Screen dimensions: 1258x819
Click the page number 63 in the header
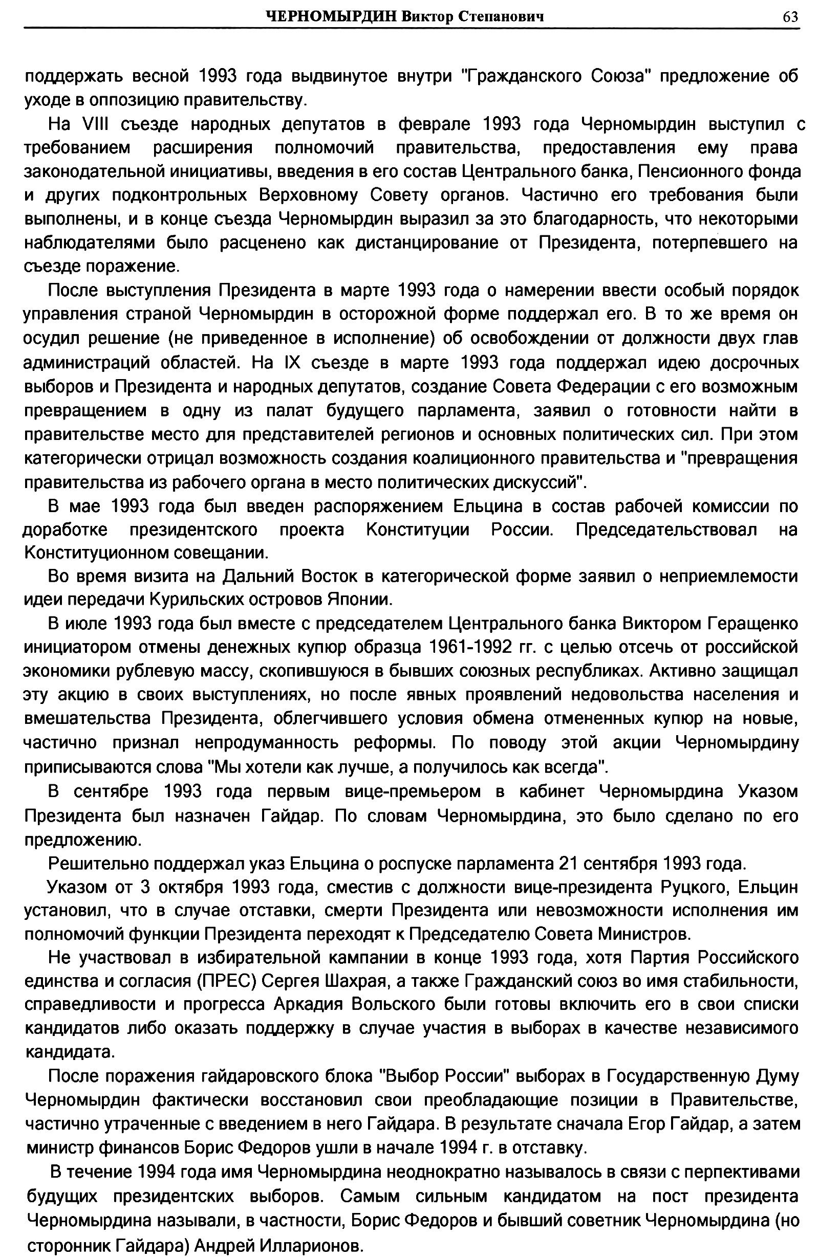[790, 17]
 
